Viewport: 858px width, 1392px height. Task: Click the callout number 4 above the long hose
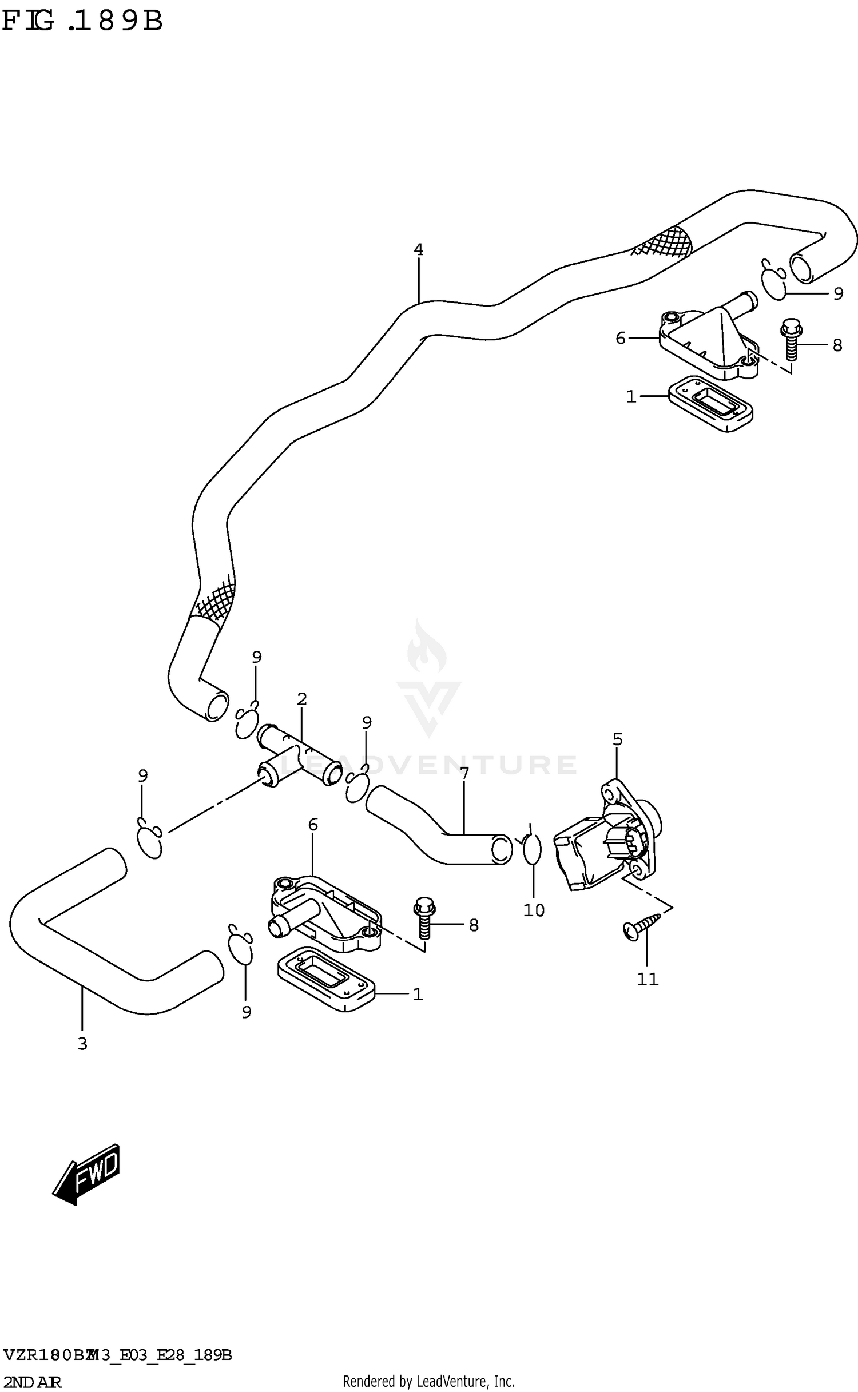[x=418, y=250]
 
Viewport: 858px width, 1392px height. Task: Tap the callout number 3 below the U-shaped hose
[x=82, y=1044]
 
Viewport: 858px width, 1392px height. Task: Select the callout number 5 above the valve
[x=617, y=739]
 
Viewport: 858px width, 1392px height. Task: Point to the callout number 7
[x=464, y=774]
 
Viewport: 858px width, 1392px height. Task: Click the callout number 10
[x=534, y=910]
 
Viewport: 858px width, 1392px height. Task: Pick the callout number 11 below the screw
[x=648, y=979]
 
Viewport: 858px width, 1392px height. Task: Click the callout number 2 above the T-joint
[x=302, y=699]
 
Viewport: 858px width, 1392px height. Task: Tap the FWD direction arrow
[x=88, y=1173]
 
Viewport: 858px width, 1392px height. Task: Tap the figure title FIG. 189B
[x=83, y=21]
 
